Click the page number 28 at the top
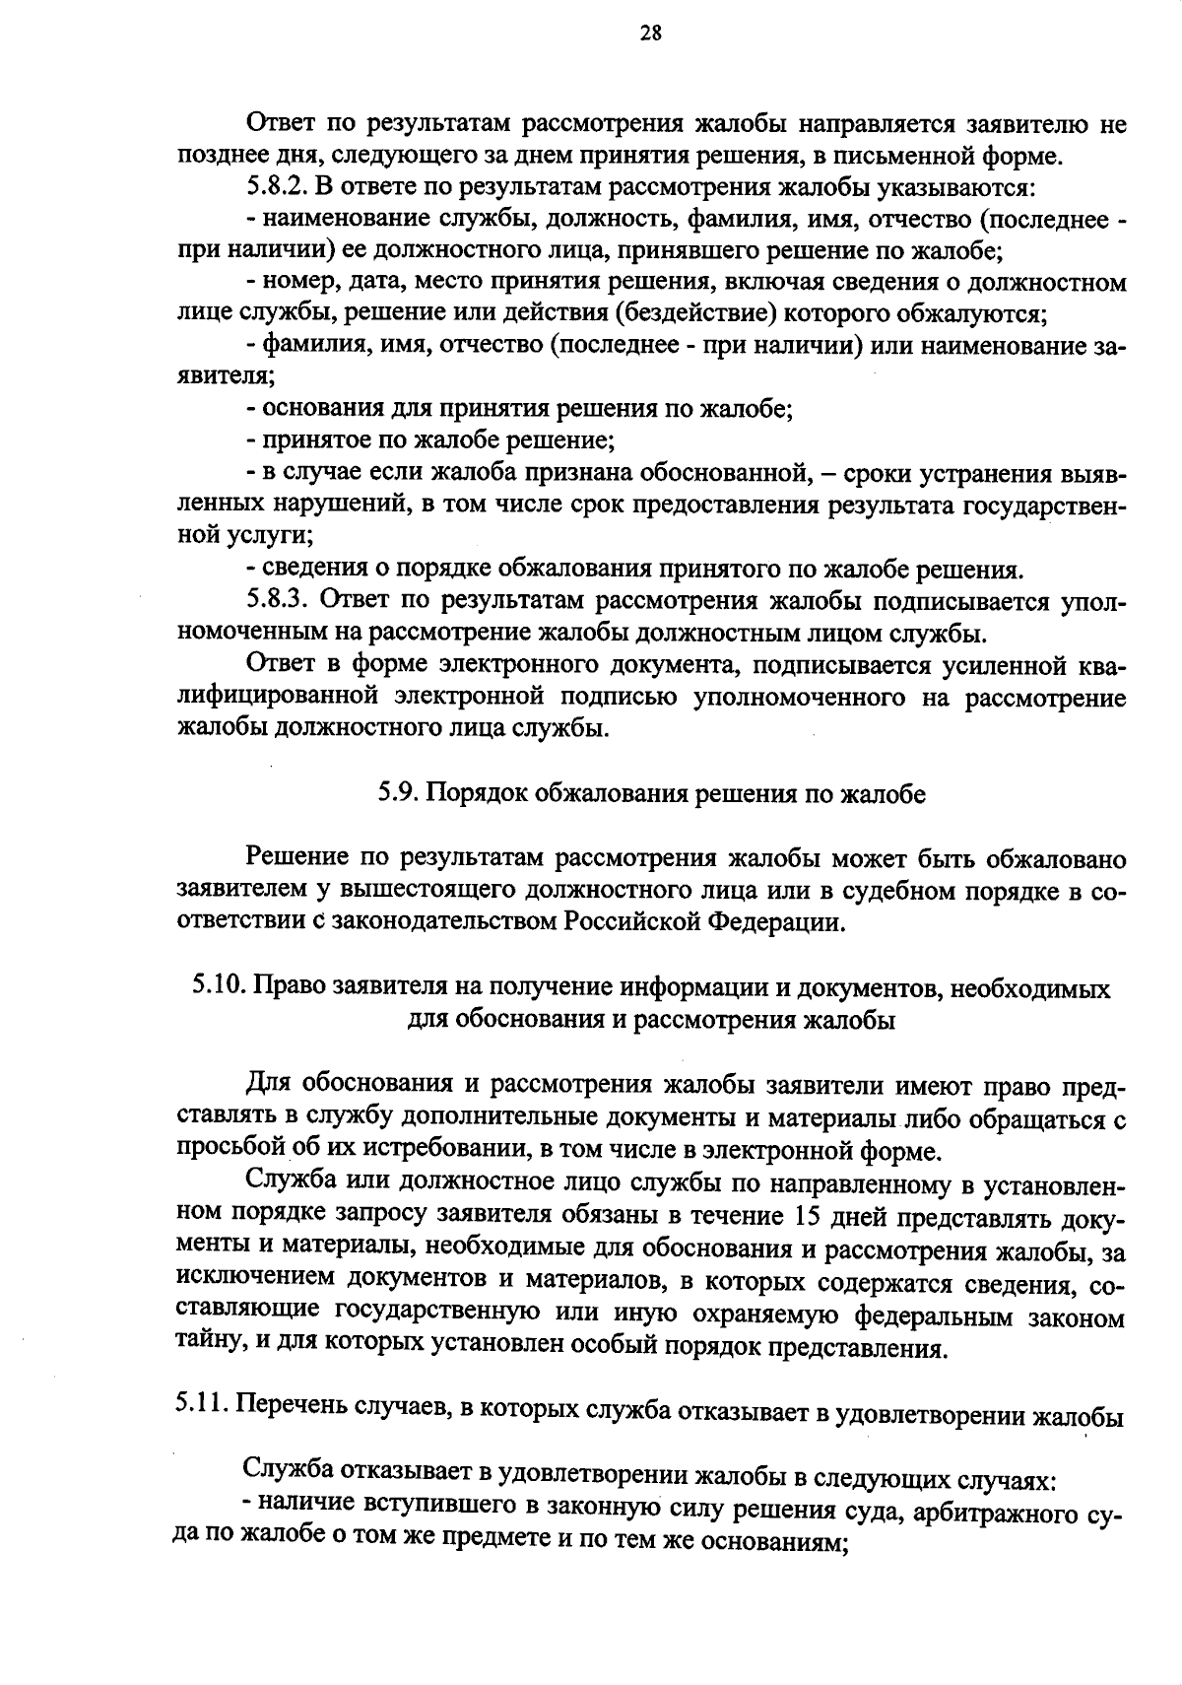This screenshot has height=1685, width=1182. [651, 34]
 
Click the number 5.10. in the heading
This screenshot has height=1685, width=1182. [218, 986]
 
